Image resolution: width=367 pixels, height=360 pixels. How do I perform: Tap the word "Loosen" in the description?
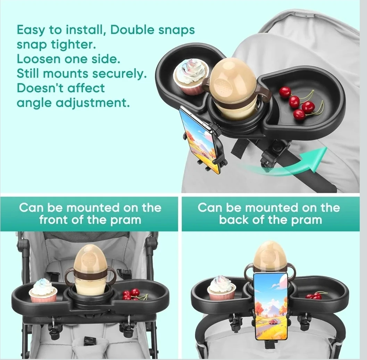pyautogui.click(x=39, y=59)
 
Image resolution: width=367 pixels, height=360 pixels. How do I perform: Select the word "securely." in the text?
pyautogui.click(x=119, y=74)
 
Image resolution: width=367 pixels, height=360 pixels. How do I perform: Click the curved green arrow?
pyautogui.click(x=288, y=166)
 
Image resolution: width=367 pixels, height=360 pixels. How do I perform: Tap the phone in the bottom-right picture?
pyautogui.click(x=270, y=307)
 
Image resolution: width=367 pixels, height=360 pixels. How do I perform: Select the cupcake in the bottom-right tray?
pyautogui.click(x=221, y=288)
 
